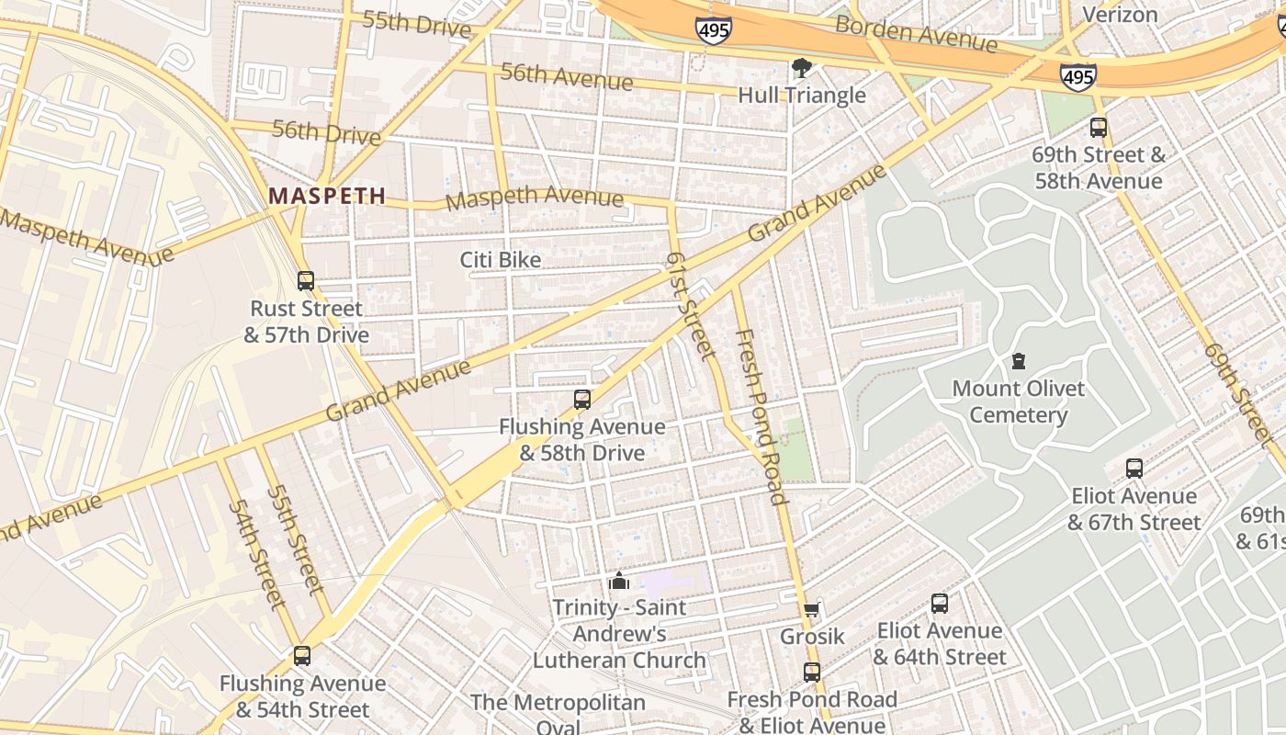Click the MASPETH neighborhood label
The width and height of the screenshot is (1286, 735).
(327, 196)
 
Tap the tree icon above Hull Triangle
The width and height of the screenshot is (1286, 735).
(802, 67)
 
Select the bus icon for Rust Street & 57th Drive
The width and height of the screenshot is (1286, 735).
(306, 281)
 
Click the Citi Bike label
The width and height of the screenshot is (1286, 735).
(501, 260)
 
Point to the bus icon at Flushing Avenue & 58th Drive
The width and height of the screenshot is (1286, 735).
(582, 400)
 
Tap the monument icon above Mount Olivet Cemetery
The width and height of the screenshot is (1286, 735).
(1018, 361)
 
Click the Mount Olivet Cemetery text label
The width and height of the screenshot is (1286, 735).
(1018, 401)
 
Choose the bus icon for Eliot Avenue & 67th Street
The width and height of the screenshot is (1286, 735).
(1134, 469)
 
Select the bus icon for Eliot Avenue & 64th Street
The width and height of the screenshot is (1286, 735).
(940, 604)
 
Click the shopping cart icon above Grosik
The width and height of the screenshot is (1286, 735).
(811, 610)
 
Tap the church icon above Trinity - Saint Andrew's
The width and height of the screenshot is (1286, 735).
(619, 581)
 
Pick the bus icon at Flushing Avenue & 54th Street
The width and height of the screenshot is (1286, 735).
(302, 656)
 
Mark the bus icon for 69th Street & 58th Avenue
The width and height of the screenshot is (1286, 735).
(1099, 128)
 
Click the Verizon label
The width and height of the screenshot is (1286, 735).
(1120, 15)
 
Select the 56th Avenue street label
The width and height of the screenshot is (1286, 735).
(566, 77)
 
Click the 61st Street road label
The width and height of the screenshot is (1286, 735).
(690, 306)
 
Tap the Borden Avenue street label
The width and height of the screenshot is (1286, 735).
(915, 34)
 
